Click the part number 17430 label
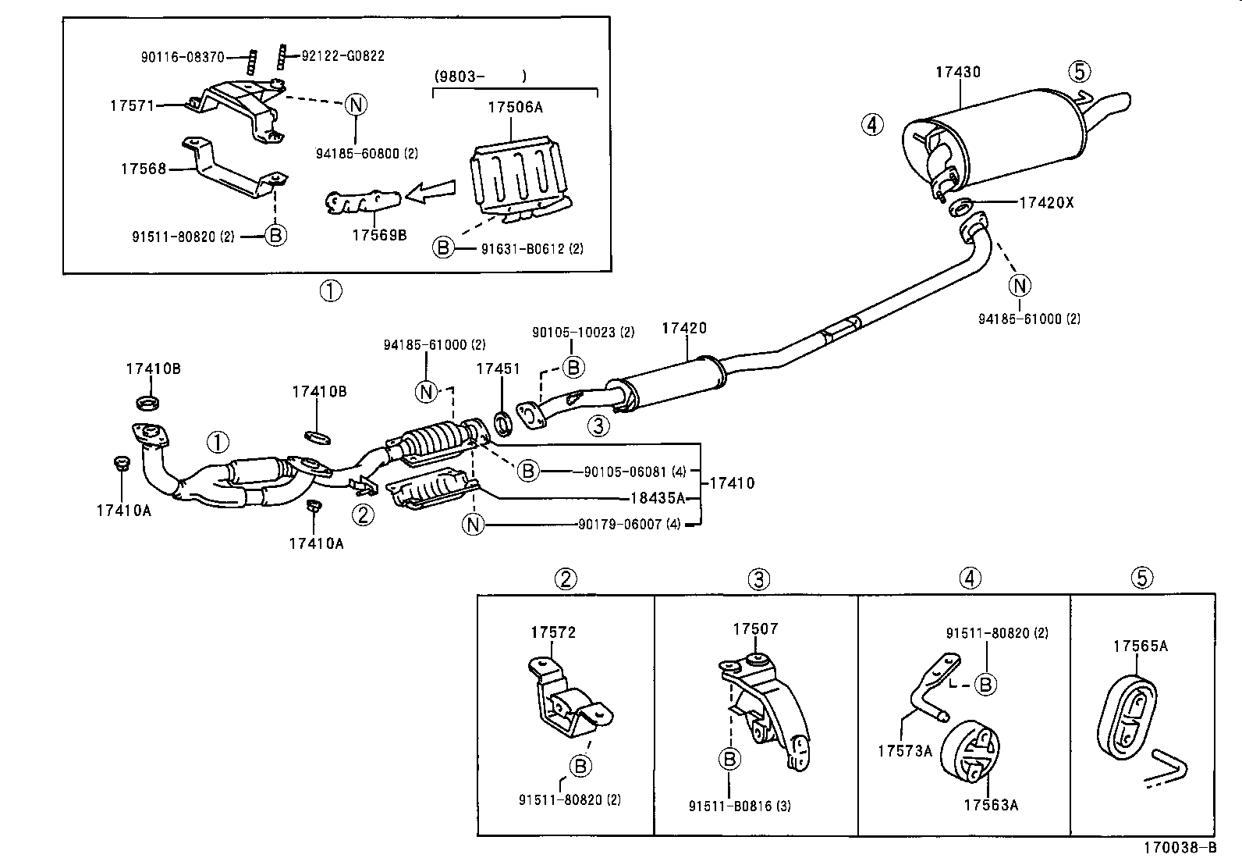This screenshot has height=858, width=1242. [x=958, y=72]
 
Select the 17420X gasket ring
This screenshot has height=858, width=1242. [x=961, y=207]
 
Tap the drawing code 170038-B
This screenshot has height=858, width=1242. [x=1180, y=848]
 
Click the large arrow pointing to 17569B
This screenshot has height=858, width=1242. [x=431, y=190]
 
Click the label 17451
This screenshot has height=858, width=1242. [x=498, y=368]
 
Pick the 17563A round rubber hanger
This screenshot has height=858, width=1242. [x=970, y=753]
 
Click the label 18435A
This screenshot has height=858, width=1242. [x=658, y=497]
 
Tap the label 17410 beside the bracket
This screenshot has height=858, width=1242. [x=732, y=483]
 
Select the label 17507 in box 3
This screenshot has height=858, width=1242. [x=755, y=628]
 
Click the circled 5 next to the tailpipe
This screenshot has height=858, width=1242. [x=1078, y=72]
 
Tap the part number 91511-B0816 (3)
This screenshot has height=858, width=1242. [x=740, y=806]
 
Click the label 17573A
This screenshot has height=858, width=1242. [x=905, y=751]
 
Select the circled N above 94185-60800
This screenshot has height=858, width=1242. [x=355, y=104]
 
